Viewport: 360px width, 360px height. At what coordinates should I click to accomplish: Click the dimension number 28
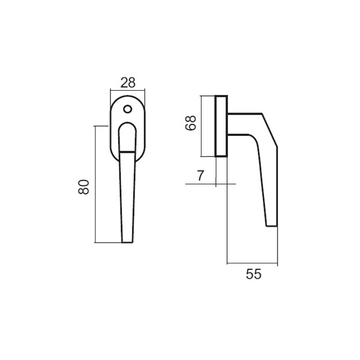pyautogui.click(x=127, y=82)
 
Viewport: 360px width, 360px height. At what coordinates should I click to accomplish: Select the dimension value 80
pyautogui.click(x=84, y=186)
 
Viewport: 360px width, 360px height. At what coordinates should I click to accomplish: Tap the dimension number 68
pyautogui.click(x=191, y=122)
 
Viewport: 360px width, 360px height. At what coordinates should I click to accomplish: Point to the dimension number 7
pyautogui.click(x=201, y=176)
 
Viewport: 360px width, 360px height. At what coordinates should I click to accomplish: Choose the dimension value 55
pyautogui.click(x=254, y=274)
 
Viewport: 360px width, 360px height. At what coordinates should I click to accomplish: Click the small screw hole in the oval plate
pyautogui.click(x=127, y=109)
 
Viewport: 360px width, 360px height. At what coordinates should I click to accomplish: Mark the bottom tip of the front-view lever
pyautogui.click(x=127, y=242)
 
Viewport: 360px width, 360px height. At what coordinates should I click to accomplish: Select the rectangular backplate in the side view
pyautogui.click(x=221, y=126)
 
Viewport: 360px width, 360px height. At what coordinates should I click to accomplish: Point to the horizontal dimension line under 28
pyautogui.click(x=127, y=91)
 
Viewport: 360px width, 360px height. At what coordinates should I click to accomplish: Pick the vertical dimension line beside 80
pyautogui.click(x=95, y=184)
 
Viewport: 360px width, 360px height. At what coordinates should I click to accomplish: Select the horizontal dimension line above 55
pyautogui.click(x=252, y=263)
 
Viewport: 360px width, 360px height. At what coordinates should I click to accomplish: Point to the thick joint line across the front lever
pyautogui.click(x=127, y=153)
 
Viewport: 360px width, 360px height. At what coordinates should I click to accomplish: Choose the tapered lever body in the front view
pyautogui.click(x=127, y=198)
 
